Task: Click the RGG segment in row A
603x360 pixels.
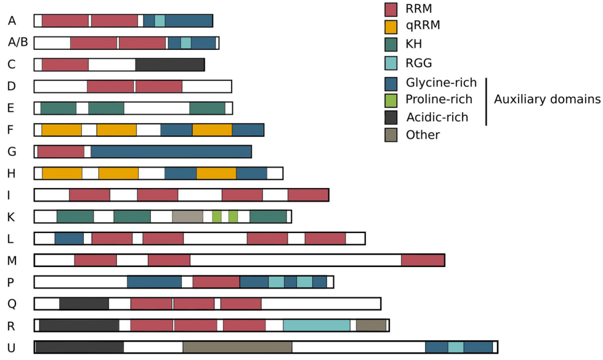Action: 160,20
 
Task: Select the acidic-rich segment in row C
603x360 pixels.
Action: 169,64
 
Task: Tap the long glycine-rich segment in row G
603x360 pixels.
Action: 171,151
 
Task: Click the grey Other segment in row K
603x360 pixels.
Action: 187,216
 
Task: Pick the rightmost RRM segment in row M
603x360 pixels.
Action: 423,260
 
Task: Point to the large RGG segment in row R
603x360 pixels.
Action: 317,325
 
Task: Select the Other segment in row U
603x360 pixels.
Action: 237,347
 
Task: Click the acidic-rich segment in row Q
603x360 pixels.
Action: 84,303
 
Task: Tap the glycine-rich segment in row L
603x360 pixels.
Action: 69,239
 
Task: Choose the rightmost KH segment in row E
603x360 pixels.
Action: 207,108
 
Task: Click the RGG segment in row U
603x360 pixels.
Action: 456,347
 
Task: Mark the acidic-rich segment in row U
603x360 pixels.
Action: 79,347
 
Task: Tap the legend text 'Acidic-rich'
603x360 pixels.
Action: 437,117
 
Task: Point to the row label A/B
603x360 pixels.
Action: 18,43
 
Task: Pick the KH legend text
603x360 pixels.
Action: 415,44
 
